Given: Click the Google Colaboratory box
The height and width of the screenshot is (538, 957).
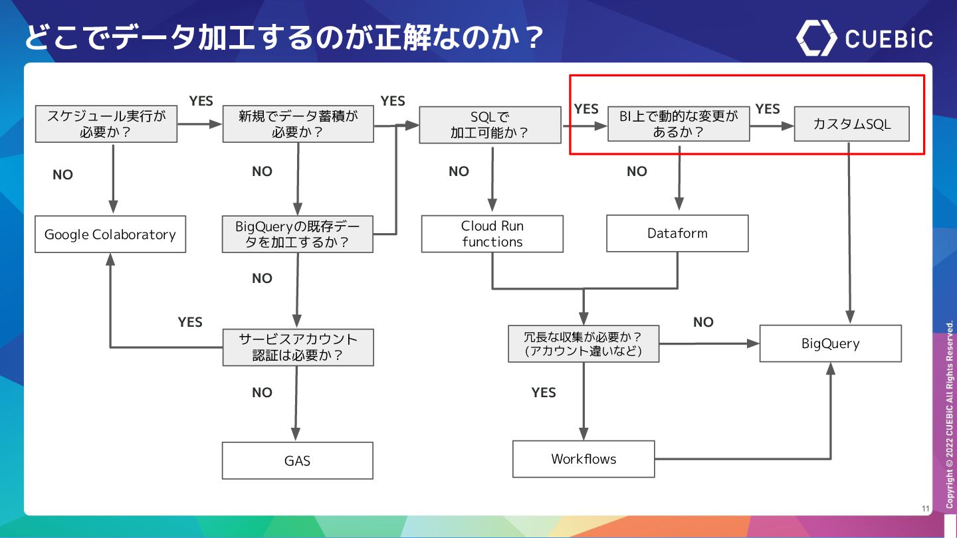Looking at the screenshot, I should tap(110, 234).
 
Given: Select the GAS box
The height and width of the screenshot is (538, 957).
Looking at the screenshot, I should tap(297, 460).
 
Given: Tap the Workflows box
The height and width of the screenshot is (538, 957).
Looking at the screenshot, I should tap(584, 459).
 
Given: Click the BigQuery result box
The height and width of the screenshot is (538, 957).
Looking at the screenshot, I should tap(830, 343).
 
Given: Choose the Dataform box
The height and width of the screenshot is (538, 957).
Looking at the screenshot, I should tap(677, 233).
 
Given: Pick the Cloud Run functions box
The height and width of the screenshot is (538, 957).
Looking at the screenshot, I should tap(492, 234).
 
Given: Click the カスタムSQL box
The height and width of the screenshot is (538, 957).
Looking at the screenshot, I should tap(851, 124).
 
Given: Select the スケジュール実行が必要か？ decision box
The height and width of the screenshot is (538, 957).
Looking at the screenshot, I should tap(106, 124).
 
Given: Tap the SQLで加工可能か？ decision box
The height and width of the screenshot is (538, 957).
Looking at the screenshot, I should tap(490, 125).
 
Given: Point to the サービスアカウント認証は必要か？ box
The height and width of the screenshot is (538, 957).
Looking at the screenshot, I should tap(298, 347).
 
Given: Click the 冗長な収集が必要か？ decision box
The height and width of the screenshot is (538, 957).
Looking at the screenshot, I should tap(584, 343).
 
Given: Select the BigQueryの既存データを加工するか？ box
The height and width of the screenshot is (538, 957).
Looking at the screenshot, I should tap(297, 234).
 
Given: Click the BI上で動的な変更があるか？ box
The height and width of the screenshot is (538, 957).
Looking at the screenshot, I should tap(679, 124).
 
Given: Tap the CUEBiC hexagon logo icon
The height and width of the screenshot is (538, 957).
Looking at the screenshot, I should tap(815, 38).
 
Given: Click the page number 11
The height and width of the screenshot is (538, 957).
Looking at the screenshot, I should tap(925, 509).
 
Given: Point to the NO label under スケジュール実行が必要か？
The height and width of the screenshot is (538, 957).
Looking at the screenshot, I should tap(62, 175).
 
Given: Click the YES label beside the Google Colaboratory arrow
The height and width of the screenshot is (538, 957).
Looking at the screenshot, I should tap(190, 322).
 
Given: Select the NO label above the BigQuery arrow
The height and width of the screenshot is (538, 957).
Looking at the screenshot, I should tap(703, 322).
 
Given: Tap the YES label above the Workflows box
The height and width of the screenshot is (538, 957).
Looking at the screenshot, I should tap(544, 393).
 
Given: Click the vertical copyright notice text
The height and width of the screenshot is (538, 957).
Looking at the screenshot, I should tap(950, 415).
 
